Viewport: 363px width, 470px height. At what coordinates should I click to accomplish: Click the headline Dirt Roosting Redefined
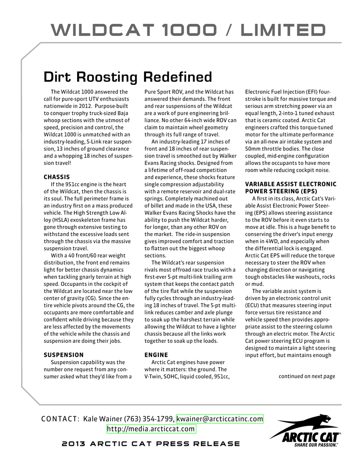tap(128, 77)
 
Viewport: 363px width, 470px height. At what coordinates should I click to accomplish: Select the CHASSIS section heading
tap(56, 177)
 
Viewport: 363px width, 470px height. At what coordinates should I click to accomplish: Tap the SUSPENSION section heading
tap(63, 354)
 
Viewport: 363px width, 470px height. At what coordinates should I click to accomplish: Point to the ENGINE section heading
tap(156, 354)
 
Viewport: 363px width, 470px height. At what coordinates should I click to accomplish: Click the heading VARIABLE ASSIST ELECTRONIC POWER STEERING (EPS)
tap(290, 187)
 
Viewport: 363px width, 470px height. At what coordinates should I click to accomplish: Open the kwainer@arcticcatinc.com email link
tap(220, 419)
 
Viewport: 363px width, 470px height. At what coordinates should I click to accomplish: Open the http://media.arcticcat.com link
tap(151, 429)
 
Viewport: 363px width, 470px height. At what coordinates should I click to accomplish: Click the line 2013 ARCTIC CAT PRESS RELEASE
tap(151, 443)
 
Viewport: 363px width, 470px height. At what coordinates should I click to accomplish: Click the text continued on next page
tap(307, 376)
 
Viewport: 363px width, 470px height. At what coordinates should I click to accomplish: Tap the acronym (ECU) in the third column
tap(253, 305)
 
